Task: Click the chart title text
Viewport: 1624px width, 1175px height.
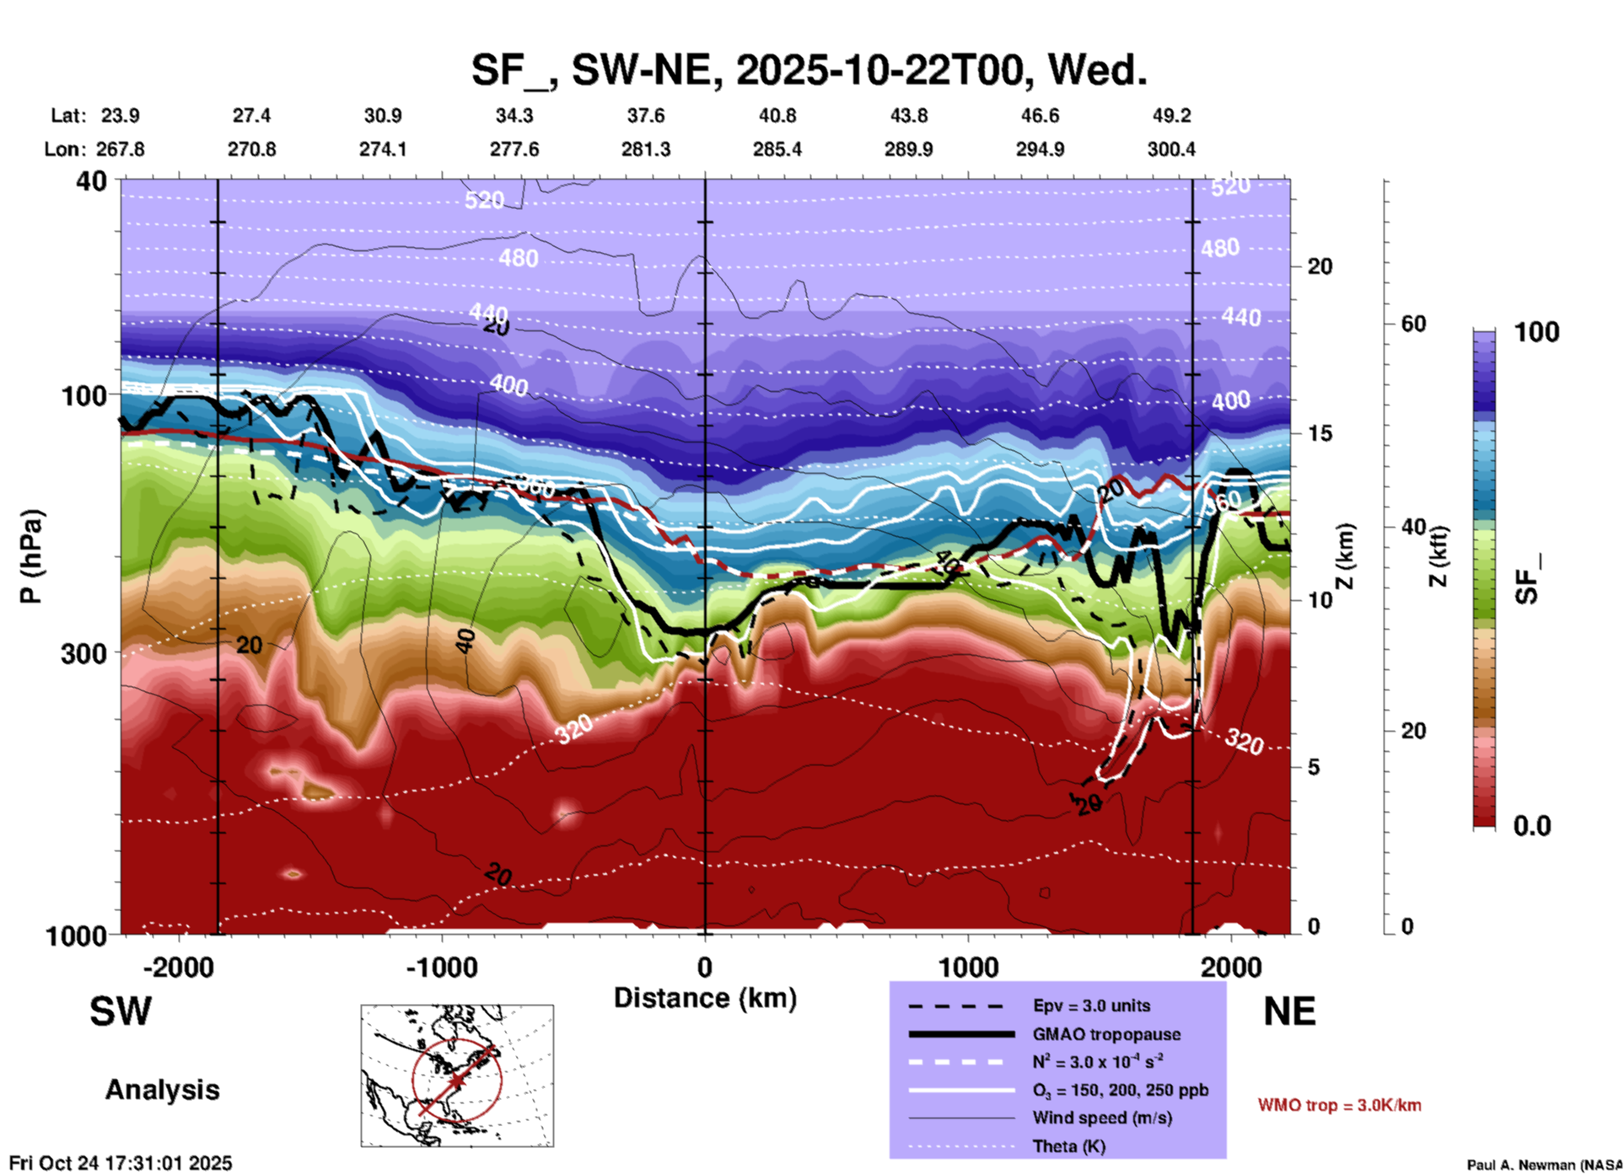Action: [809, 70]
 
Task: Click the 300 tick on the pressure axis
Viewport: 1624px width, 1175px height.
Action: [83, 653]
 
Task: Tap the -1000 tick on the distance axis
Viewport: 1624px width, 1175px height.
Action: [441, 967]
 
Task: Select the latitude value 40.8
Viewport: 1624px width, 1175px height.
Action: [777, 115]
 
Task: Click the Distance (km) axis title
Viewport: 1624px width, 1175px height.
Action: [705, 998]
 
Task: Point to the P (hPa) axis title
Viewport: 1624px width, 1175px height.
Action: [31, 556]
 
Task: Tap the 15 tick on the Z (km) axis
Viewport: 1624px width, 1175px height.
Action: [1320, 433]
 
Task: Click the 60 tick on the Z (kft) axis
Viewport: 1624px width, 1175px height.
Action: [1413, 324]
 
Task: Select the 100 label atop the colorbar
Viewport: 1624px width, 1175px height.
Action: [1536, 332]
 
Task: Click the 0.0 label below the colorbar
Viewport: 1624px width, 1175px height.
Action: [1531, 826]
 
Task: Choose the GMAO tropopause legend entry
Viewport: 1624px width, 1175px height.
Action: [1106, 1034]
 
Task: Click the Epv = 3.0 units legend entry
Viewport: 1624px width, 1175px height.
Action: [1091, 1006]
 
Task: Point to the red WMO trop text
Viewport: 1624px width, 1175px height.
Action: [1339, 1105]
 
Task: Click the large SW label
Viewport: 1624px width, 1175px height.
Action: [121, 1011]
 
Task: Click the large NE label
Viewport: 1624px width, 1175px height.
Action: [1289, 1011]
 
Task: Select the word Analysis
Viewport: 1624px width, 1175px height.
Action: [162, 1090]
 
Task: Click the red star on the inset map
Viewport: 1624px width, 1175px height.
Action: [456, 1080]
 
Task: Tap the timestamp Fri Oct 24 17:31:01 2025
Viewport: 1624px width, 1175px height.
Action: [121, 1163]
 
